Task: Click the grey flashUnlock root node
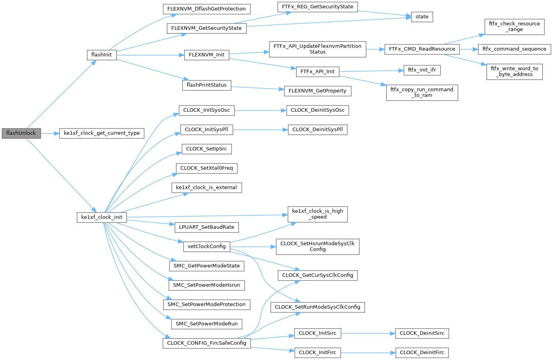tap(21, 133)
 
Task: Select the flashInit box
tap(101, 55)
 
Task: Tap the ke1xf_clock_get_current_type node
tap(101, 133)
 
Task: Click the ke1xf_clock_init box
tap(101, 217)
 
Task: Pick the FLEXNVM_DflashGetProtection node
tap(206, 9)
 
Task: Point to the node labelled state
tap(422, 17)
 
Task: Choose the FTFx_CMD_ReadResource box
tap(422, 49)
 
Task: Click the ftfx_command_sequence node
tap(514, 49)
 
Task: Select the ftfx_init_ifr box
tap(422, 70)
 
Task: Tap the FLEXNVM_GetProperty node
tap(317, 91)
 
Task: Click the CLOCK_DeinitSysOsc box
tap(317, 110)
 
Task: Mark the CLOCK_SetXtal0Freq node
tap(206, 168)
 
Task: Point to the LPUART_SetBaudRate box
tap(206, 227)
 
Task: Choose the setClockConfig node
tap(206, 246)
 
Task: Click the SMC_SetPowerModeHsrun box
tap(206, 285)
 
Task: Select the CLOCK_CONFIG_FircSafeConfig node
tap(206, 343)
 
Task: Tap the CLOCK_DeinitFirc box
tap(422, 353)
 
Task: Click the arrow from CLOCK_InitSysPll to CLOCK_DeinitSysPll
tap(260, 130)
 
